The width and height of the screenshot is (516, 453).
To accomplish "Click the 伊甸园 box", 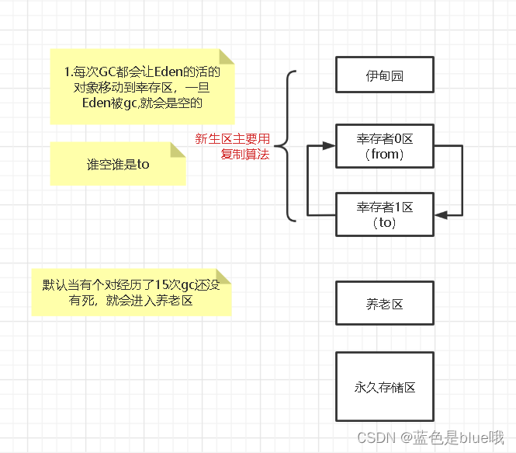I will click(384, 75).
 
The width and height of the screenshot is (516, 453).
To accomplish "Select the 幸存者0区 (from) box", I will click(384, 146).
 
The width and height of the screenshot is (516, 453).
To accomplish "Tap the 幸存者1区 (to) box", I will click(384, 214).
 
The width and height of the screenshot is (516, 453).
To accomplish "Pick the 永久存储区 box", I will click(384, 386).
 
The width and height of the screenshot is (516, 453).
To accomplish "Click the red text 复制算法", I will click(244, 155).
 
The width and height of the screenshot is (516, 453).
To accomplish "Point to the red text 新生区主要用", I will click(232, 139).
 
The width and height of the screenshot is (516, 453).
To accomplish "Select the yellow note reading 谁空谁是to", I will click(117, 164).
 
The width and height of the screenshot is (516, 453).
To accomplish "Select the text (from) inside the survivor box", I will click(384, 155).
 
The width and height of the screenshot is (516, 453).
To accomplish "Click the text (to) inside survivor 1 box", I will click(384, 223).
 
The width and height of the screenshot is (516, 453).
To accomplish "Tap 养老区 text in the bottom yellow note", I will click(173, 300).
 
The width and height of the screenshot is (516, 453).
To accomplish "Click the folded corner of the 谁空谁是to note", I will click(178, 148).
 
